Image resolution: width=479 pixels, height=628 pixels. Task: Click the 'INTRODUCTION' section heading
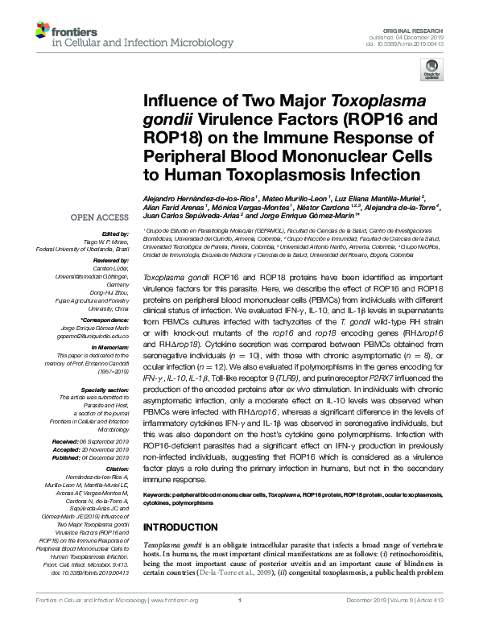click(x=182, y=527)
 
